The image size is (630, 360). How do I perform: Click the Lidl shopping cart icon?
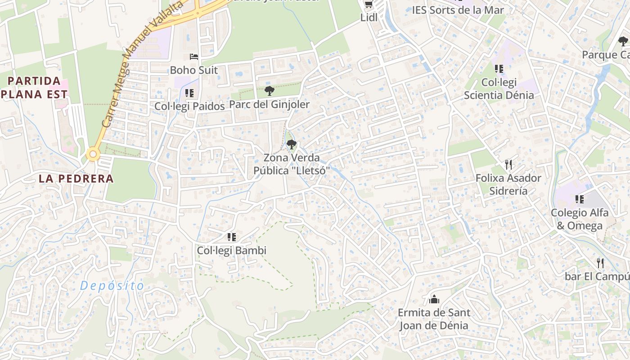369,4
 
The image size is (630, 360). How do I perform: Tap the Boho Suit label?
193,70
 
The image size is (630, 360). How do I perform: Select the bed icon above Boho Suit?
193,57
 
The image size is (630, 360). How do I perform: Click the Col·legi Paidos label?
189,106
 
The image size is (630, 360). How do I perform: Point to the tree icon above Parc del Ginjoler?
270,91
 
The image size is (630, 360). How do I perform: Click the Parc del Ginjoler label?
270,104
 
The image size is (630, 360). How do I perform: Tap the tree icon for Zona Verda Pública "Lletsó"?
292,144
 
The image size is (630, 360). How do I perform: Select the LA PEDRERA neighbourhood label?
76,179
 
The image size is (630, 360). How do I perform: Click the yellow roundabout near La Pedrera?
93,154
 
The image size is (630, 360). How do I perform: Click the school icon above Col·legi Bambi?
232,237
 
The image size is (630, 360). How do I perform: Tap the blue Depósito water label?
112,286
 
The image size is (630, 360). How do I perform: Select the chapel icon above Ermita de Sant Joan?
434,299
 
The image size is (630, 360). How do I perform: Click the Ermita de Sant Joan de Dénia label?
434,319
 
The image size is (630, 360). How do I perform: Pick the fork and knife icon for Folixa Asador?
508,164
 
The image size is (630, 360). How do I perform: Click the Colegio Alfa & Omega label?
580,219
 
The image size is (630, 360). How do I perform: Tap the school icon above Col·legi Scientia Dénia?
499,69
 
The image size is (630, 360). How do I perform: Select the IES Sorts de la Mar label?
458,10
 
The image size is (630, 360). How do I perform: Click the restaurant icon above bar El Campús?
600,263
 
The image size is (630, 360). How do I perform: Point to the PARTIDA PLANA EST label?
35,88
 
